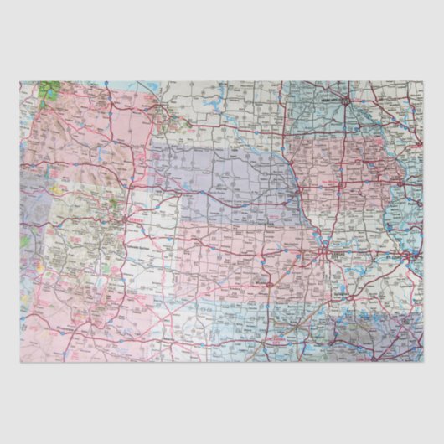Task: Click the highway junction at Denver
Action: click(x=126, y=219)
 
